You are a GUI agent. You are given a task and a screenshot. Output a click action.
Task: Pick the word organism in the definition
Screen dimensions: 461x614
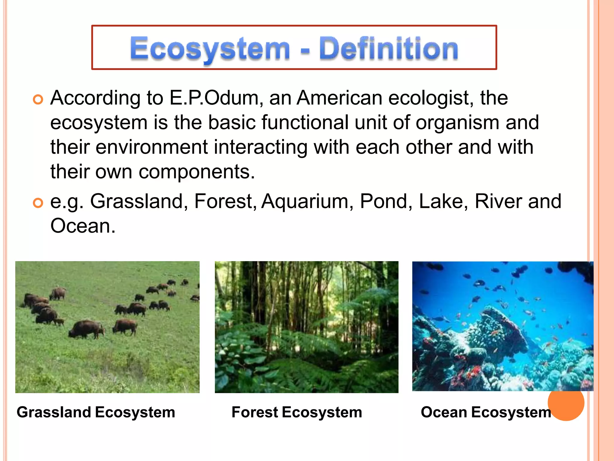[x=458, y=123]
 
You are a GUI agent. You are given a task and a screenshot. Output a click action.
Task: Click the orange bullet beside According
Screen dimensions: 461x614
[x=38, y=99]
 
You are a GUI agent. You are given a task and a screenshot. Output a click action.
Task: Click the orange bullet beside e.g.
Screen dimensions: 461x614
[x=38, y=203]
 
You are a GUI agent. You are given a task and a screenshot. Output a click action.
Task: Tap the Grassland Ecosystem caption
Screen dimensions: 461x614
[x=96, y=412]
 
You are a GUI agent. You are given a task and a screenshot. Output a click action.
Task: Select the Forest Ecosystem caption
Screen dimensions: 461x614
[x=297, y=412]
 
